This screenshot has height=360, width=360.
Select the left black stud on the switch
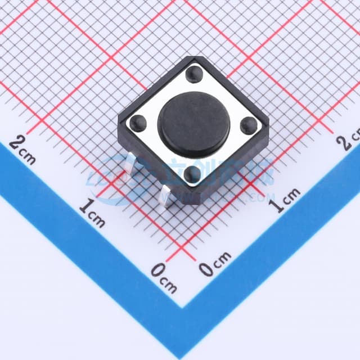click(136, 121)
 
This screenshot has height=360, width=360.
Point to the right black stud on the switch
click(247, 125)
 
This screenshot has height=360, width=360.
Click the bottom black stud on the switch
click(192, 173)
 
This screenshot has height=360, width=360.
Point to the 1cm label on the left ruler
click(92, 213)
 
